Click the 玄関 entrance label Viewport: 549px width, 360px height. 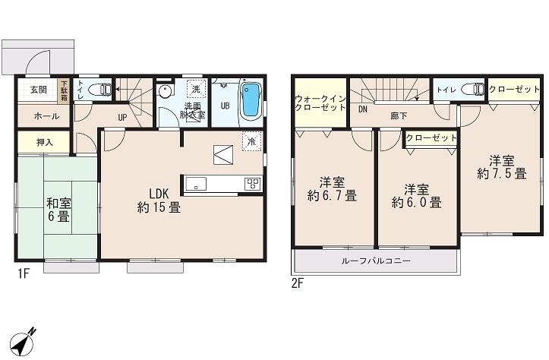tap(38, 89)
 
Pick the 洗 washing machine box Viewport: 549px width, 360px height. tap(196, 89)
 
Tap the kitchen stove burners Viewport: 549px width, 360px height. tap(252, 183)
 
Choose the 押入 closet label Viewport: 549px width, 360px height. tap(45, 142)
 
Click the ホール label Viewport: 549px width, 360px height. tap(41, 117)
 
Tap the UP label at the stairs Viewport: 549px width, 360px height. tap(122, 118)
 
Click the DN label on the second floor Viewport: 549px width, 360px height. tap(362, 109)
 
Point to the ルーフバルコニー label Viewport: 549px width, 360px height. tap(376, 261)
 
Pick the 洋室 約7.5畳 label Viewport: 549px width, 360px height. tap(501, 167)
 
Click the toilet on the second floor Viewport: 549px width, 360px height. tap(475, 90)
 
